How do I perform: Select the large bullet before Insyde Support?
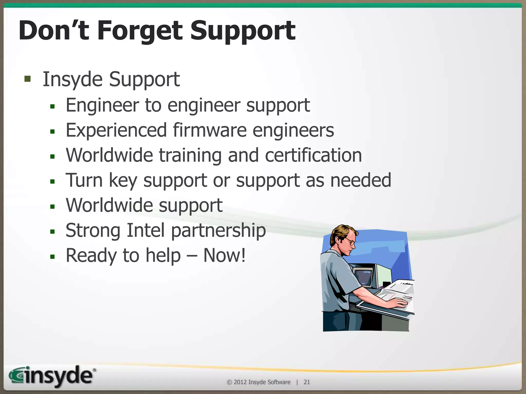(x=27, y=79)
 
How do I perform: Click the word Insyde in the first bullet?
(x=72, y=80)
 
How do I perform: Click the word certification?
(x=313, y=155)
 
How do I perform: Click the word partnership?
(x=218, y=231)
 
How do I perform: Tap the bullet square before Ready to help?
(x=53, y=257)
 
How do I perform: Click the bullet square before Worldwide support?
(x=53, y=206)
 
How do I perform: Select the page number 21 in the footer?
(x=307, y=382)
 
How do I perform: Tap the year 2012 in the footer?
(x=240, y=382)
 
